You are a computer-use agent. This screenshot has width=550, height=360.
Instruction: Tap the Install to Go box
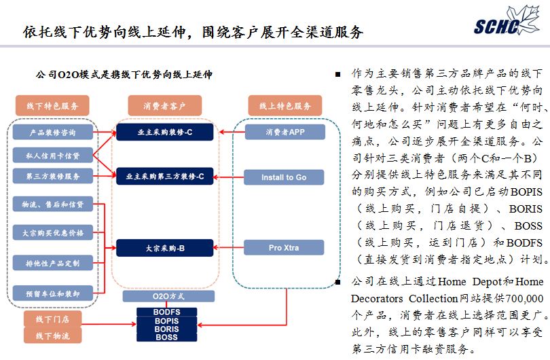pos(284,177)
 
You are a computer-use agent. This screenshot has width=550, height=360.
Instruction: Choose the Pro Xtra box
pos(284,248)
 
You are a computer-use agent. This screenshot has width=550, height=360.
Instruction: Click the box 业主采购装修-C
pos(165,132)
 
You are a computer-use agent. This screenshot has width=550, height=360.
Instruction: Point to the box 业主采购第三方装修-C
pos(165,176)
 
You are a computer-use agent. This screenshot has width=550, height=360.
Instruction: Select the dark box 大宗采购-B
pos(165,249)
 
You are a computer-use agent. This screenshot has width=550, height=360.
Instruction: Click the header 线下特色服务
pos(52,106)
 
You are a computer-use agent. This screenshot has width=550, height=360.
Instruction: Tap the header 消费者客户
pos(164,106)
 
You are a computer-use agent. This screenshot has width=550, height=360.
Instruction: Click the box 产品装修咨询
pos(52,132)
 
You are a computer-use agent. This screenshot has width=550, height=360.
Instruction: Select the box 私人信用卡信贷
pos(52,156)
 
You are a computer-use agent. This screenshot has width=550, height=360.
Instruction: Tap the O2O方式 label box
pos(166,296)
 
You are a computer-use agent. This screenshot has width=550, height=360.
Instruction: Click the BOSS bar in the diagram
pos(166,337)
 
